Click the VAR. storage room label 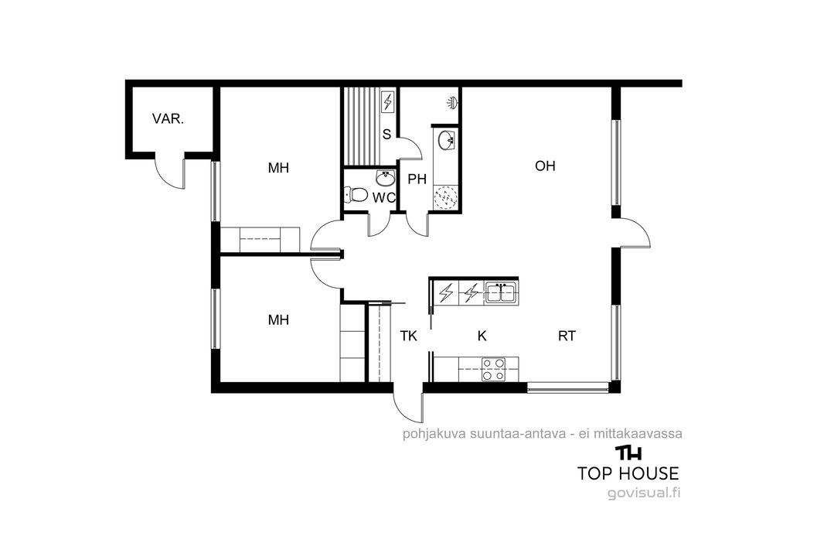point(168,119)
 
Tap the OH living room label point(545,166)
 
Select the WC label point(383,198)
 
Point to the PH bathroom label point(417,179)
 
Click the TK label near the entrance point(408,336)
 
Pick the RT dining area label point(567,336)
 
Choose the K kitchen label point(482,336)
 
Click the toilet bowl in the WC point(356,195)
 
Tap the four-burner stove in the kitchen point(493,369)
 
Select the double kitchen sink point(502,293)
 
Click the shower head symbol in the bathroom point(451,101)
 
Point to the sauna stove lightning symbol point(388,101)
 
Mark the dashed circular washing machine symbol point(446,198)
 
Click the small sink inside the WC point(386,179)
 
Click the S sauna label point(386,135)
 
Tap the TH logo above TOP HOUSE point(628,453)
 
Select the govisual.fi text point(644,494)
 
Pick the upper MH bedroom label point(278,169)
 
